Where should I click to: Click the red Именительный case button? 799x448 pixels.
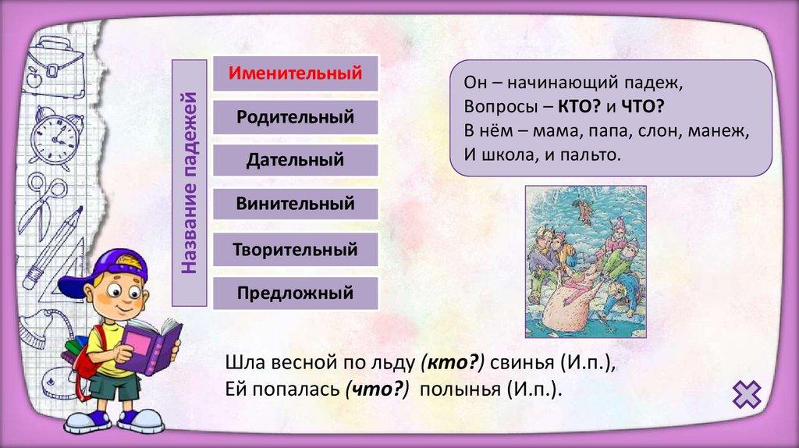[x=296, y=73]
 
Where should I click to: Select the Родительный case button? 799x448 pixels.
[x=296, y=117]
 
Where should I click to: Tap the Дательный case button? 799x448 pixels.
[x=296, y=161]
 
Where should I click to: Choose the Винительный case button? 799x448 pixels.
[x=296, y=204]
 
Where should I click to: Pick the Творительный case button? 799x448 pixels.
[x=296, y=250]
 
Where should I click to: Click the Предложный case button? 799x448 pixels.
[x=296, y=293]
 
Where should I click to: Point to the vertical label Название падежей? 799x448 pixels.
[x=189, y=183]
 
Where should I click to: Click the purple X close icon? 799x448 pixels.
[x=747, y=394]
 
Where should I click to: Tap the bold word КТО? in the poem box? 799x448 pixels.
[x=580, y=106]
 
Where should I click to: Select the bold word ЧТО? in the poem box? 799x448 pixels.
[x=643, y=106]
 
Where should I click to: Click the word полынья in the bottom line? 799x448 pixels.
[x=460, y=389]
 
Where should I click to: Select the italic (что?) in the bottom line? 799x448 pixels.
[x=377, y=389]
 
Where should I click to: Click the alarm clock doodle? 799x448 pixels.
[x=55, y=136]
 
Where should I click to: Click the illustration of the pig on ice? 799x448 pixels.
[x=586, y=261]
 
